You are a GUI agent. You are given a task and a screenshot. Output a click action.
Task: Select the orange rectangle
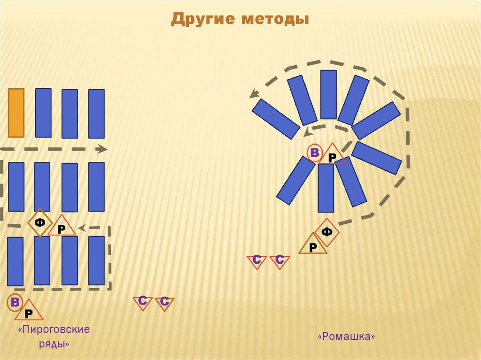tap(16, 113)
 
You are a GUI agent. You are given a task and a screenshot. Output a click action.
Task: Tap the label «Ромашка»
tap(347, 337)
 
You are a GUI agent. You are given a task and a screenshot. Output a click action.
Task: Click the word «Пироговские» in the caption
tap(54, 329)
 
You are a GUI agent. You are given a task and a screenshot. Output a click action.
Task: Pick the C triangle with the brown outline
tap(164, 303)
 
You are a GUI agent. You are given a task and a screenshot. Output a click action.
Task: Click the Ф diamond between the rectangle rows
tap(39, 223)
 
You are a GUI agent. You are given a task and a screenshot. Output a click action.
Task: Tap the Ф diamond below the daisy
tap(327, 232)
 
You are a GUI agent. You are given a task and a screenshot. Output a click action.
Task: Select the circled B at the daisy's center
tap(315, 153)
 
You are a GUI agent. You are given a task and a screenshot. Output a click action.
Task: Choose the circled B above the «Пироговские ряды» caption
tap(15, 303)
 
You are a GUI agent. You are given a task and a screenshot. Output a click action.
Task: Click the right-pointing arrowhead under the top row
tap(101, 149)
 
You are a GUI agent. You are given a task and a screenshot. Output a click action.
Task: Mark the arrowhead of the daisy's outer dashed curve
tap(254, 94)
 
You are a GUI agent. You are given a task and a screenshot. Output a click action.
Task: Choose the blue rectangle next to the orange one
tap(43, 113)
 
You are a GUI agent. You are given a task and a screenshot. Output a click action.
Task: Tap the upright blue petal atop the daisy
tap(328, 94)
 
